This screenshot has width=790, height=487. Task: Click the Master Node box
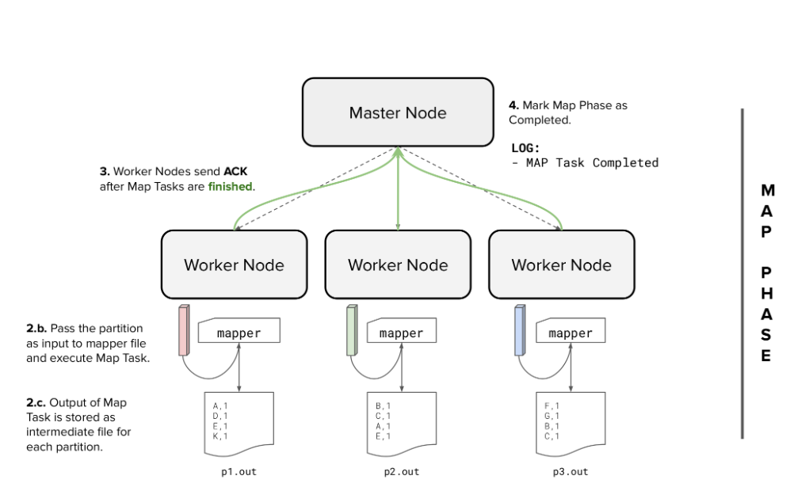pyautogui.click(x=397, y=112)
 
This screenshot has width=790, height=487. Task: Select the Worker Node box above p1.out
pyautogui.click(x=234, y=264)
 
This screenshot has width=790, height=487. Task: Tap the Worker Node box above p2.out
pyautogui.click(x=397, y=264)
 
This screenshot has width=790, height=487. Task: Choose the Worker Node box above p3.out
pyautogui.click(x=561, y=264)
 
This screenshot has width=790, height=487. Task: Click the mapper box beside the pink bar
pyautogui.click(x=239, y=333)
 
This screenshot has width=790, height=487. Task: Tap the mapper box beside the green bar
pyautogui.click(x=402, y=333)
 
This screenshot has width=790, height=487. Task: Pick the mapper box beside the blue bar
pyautogui.click(x=571, y=333)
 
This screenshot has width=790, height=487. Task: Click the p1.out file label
pyautogui.click(x=239, y=472)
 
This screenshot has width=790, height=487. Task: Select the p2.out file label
pyautogui.click(x=402, y=472)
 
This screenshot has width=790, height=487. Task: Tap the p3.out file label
pyautogui.click(x=571, y=472)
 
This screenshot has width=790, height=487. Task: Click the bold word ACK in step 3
pyautogui.click(x=235, y=171)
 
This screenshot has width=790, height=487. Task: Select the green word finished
pyautogui.click(x=231, y=187)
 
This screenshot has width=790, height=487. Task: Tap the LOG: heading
pyautogui.click(x=525, y=147)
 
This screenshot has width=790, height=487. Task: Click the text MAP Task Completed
pyautogui.click(x=590, y=162)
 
